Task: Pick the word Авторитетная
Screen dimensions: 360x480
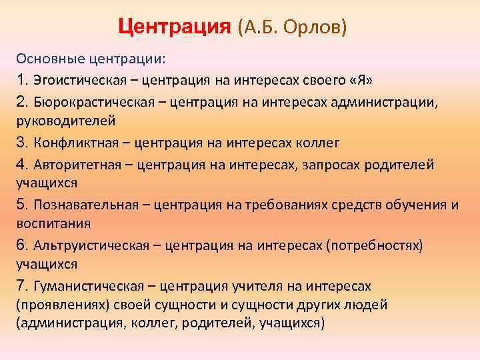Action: tap(73, 164)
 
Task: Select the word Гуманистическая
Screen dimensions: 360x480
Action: tap(83, 287)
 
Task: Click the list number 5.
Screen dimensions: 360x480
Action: tap(21, 203)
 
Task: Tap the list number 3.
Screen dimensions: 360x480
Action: tap(21, 142)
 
